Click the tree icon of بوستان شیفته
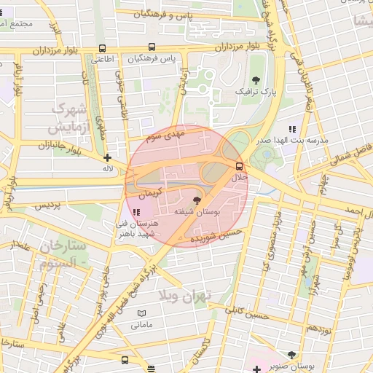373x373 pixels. (197, 200)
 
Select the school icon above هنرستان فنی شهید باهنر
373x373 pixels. (136, 212)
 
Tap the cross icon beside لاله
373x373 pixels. (108, 157)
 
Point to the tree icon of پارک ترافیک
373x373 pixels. (255, 79)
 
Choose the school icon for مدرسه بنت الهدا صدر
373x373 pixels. (293, 129)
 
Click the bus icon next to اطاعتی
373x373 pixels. (101, 49)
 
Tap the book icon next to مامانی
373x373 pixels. (142, 313)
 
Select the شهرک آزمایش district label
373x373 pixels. (68, 119)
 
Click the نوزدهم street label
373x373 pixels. (318, 329)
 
